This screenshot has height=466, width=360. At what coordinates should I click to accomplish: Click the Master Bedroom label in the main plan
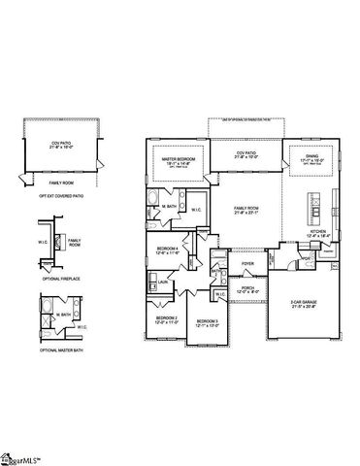[180, 160]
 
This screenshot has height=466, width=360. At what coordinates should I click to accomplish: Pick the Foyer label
[247, 263]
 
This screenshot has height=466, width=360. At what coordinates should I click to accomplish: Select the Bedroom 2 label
[167, 318]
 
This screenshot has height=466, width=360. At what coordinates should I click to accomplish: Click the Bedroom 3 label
[207, 322]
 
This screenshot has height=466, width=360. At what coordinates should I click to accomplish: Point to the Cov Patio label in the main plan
[246, 153]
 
